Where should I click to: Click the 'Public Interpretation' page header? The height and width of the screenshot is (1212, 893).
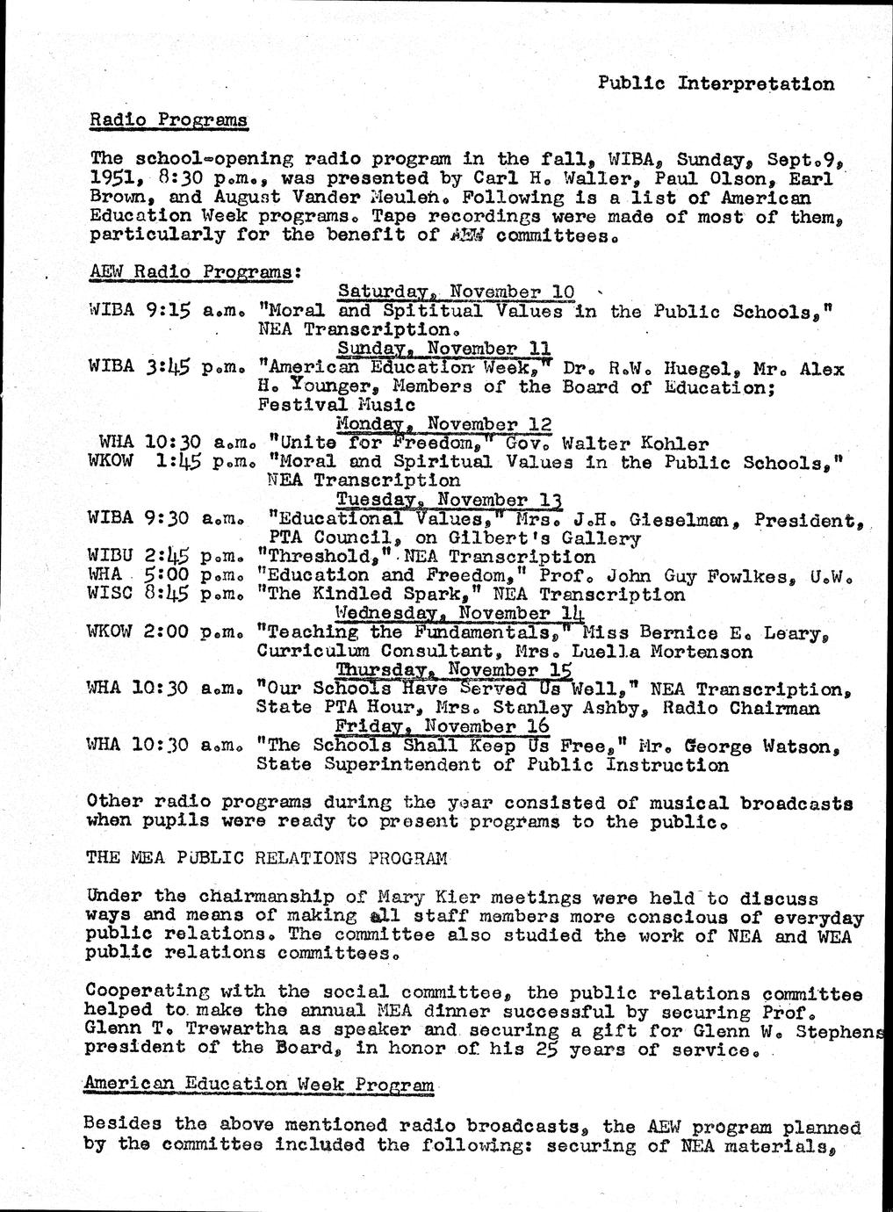(x=716, y=83)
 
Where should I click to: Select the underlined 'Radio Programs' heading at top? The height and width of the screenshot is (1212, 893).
(x=169, y=119)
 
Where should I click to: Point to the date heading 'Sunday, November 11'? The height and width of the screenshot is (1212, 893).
(x=444, y=349)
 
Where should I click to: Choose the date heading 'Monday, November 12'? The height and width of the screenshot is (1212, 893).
(x=444, y=424)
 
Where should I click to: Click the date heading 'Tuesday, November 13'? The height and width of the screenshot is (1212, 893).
(x=450, y=500)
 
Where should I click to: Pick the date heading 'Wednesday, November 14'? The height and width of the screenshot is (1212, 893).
(x=461, y=613)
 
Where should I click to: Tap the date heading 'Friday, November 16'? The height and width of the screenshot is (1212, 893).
(x=443, y=726)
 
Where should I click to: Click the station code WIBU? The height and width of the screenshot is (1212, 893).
(x=110, y=557)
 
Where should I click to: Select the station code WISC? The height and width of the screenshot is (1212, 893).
(x=110, y=595)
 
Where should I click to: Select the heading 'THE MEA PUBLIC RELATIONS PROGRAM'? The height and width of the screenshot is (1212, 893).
(x=266, y=857)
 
